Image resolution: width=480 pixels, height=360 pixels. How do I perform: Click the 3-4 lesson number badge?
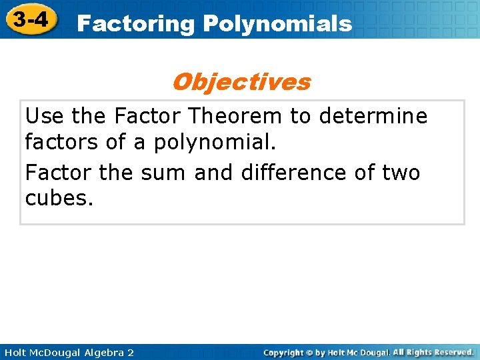(31, 20)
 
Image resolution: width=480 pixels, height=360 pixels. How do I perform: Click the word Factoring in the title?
(135, 25)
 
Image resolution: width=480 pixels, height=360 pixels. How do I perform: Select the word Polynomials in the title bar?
(277, 25)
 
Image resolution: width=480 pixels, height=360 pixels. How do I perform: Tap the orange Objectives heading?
(241, 82)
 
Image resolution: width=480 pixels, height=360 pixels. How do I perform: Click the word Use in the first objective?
(45, 116)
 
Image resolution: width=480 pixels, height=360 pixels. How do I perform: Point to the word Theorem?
(235, 116)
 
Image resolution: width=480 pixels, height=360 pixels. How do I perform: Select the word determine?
(373, 116)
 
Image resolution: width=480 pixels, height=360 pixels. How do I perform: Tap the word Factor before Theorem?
(148, 116)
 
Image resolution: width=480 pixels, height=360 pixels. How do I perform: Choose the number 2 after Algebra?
(130, 352)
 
